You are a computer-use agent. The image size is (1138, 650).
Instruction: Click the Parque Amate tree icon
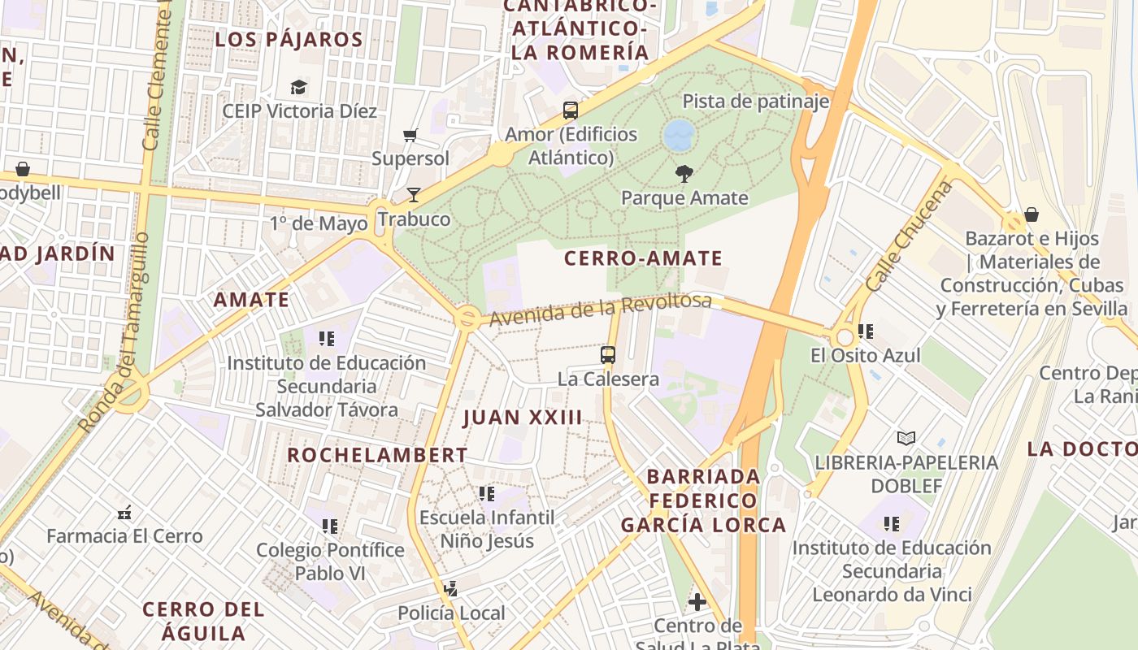coord(684,172)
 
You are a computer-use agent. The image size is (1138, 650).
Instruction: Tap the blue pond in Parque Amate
coord(679,135)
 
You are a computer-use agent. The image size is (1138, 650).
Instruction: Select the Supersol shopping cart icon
coord(410,135)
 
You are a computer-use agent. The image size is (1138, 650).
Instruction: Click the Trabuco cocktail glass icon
coord(414,194)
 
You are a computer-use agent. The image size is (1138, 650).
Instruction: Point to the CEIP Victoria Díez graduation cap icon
coord(299,87)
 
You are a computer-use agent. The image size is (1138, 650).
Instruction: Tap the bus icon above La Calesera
coord(607,354)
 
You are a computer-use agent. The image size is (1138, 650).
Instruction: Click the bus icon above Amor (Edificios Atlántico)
coord(571,110)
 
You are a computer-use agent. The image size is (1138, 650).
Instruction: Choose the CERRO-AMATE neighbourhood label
coord(643,258)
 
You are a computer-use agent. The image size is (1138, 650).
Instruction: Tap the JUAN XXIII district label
coord(523,418)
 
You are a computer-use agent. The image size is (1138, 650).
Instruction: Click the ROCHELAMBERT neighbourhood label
coord(377,455)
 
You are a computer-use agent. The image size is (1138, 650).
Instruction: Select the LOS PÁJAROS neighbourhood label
coord(289,39)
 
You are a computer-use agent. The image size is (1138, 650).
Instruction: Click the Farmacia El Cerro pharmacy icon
coord(124,513)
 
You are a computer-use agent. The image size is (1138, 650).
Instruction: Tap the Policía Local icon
coord(451,589)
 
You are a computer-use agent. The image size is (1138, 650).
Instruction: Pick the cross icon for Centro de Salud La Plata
coord(697,602)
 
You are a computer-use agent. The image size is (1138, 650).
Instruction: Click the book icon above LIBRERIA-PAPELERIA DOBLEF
coord(906,438)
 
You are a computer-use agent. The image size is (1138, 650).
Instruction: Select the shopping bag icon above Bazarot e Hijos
coord(1031,214)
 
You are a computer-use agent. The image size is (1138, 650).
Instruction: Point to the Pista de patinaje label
coord(755,102)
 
